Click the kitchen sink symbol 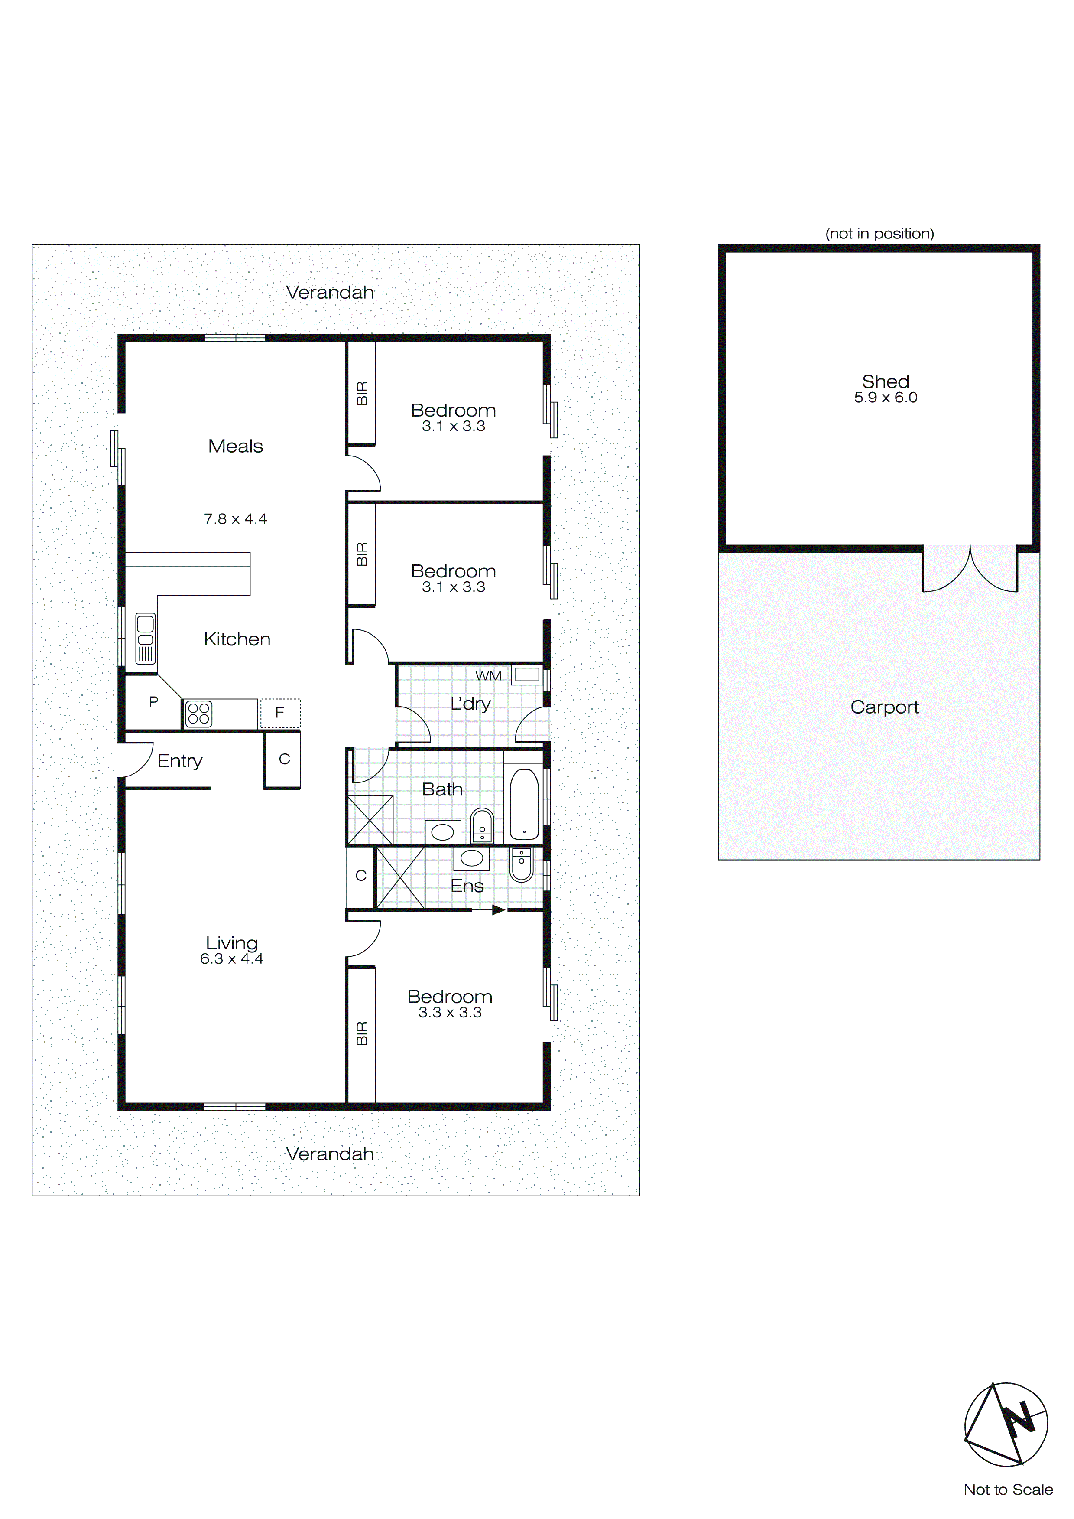pyautogui.click(x=146, y=639)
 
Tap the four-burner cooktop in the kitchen pyautogui.click(x=198, y=714)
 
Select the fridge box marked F pyautogui.click(x=280, y=713)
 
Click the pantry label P pyautogui.click(x=153, y=702)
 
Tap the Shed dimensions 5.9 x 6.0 pyautogui.click(x=886, y=398)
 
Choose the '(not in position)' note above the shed pyautogui.click(x=879, y=234)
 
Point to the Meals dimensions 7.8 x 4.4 pyautogui.click(x=235, y=518)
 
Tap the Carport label pyautogui.click(x=884, y=707)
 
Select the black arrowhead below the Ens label pyautogui.click(x=498, y=910)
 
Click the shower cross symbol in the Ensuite pyautogui.click(x=400, y=877)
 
